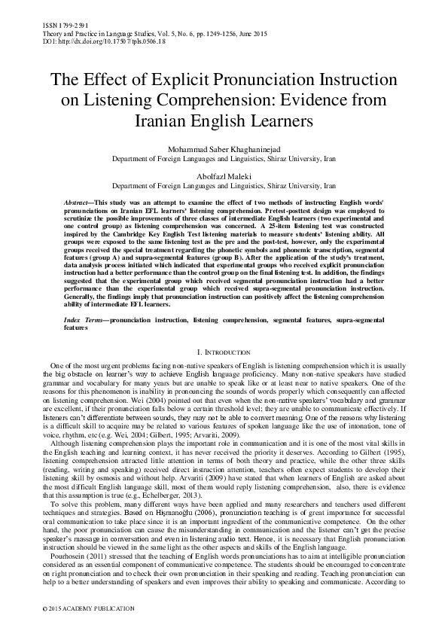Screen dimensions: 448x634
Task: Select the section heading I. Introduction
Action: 224,352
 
